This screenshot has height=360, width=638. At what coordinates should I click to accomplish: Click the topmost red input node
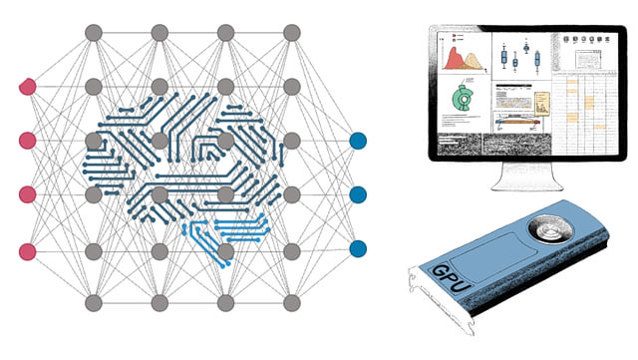coord(27,88)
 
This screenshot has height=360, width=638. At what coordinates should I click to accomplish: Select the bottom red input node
coord(27,249)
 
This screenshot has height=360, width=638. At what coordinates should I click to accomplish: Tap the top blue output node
coord(358,142)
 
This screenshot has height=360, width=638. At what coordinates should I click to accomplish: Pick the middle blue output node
coord(358,194)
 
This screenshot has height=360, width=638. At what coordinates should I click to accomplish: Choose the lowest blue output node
coord(358,247)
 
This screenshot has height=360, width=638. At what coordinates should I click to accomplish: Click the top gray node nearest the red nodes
coord(93,34)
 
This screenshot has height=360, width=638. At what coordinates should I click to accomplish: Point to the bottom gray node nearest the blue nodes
coord(292,302)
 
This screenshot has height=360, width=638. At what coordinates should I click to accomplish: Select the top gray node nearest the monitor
coord(292,34)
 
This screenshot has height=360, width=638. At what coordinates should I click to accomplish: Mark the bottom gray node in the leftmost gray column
coord(93,302)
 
